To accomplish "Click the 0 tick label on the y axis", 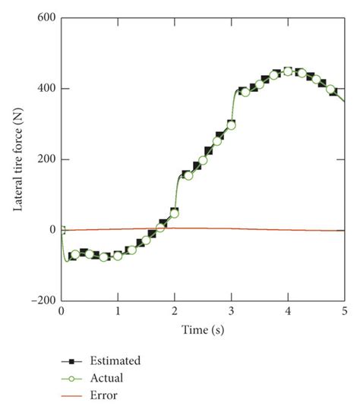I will [52, 230].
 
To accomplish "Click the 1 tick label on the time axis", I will [118, 312].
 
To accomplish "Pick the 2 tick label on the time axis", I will [175, 312].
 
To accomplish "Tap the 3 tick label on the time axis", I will [232, 312].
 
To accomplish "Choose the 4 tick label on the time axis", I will [288, 312].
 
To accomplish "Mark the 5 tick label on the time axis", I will [345, 312].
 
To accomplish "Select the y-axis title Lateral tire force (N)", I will [17, 159].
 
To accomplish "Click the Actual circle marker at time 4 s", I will [288, 71].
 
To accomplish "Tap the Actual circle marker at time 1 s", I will [118, 256].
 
